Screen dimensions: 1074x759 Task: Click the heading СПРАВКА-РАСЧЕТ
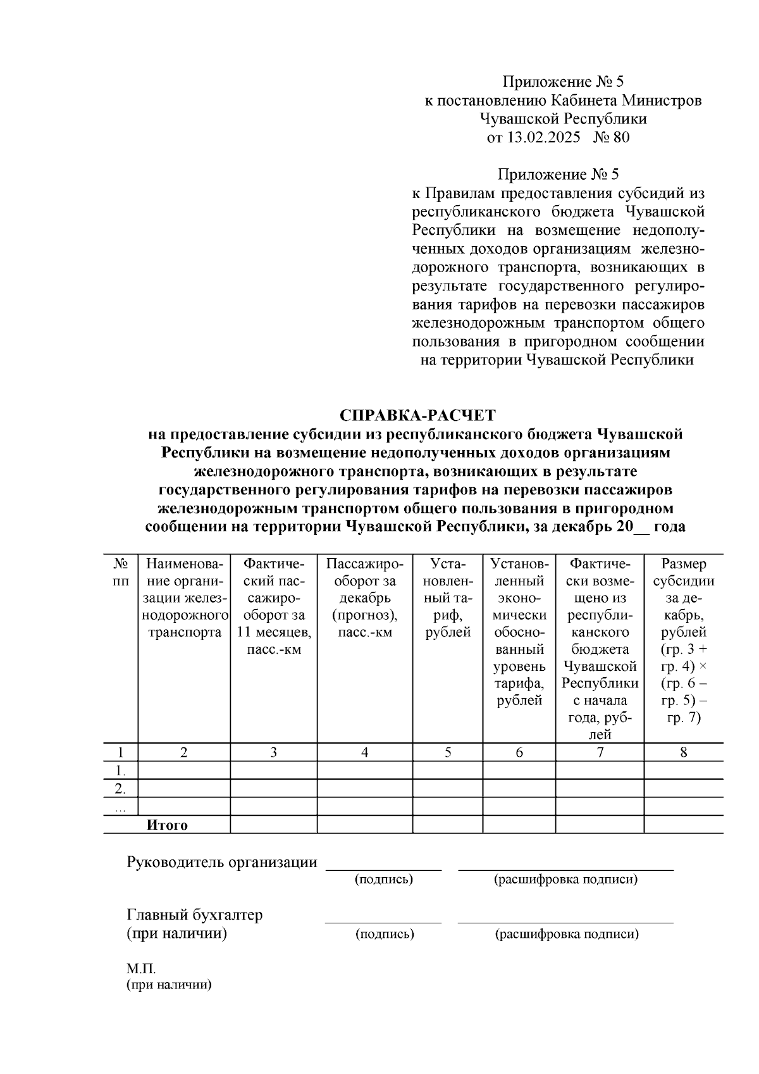[x=417, y=416]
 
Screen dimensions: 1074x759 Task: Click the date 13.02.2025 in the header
[x=543, y=137]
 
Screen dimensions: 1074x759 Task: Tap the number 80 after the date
[x=621, y=137]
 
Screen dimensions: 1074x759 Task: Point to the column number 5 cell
[x=448, y=752]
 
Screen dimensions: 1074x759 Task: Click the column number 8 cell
[x=683, y=752]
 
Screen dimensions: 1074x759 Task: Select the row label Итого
[x=167, y=825]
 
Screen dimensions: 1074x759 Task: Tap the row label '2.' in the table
[x=120, y=789]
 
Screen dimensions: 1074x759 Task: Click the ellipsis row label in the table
[x=120, y=808]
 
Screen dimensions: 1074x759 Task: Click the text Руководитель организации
[x=222, y=862]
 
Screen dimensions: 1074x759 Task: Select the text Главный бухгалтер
[x=195, y=915]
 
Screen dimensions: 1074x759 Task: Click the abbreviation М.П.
[x=140, y=969]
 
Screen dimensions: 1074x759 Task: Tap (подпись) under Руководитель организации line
[x=384, y=879]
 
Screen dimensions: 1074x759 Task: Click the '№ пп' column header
[x=120, y=571]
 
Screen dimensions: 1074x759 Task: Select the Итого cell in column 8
[x=683, y=825]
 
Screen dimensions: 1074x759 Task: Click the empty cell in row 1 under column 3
[x=273, y=770]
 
